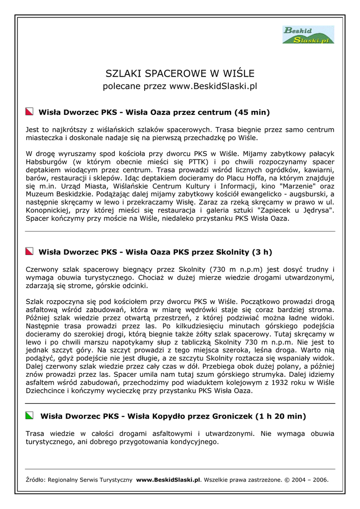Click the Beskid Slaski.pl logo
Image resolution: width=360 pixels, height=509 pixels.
(308, 35)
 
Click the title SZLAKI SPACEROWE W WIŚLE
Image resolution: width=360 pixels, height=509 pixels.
(180, 74)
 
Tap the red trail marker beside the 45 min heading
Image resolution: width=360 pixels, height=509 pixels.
(30, 112)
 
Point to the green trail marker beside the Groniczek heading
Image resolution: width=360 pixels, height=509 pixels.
(30, 416)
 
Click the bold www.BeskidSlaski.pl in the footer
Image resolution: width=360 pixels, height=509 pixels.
(168, 480)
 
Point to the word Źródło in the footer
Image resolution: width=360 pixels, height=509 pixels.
(35, 480)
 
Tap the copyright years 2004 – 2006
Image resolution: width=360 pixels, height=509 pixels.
(309, 480)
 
